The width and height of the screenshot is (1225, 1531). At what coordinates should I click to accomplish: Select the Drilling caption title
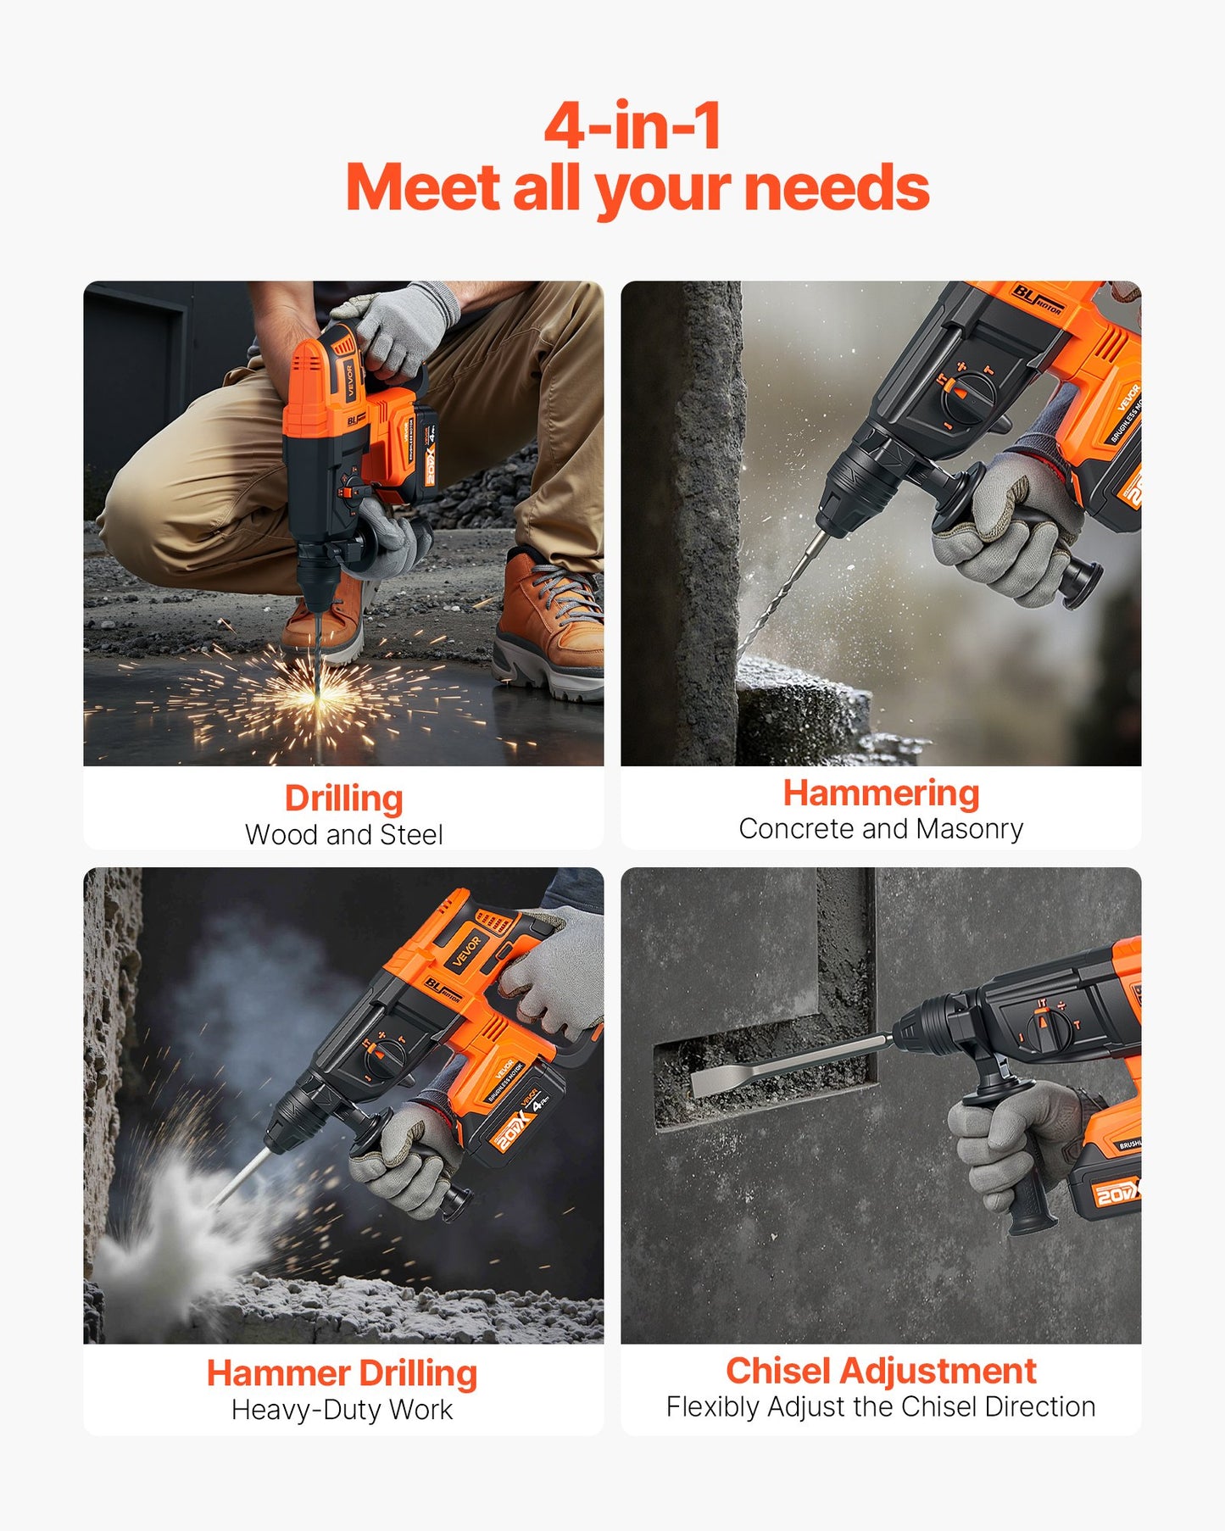(343, 799)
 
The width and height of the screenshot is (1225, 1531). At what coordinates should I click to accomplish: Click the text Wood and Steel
(343, 835)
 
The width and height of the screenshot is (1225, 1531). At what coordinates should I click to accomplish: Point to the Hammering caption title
(881, 793)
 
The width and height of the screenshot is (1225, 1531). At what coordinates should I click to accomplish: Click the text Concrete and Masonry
(881, 829)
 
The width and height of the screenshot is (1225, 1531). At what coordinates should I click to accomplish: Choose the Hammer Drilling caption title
(342, 1373)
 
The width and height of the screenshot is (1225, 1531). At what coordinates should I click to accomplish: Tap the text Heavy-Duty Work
(342, 1410)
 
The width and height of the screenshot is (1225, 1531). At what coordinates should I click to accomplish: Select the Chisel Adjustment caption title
(881, 1371)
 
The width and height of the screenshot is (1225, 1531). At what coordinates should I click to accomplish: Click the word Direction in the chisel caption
(1040, 1407)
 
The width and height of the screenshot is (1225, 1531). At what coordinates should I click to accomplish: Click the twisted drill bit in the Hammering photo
(780, 593)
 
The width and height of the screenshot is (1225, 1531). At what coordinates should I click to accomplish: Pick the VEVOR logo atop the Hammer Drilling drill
(466, 949)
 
